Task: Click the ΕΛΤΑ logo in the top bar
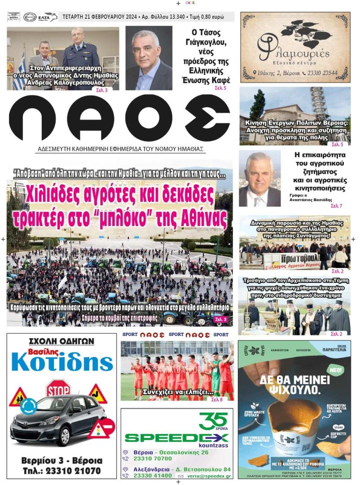(47, 17)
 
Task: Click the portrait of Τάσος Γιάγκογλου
(149, 58)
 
